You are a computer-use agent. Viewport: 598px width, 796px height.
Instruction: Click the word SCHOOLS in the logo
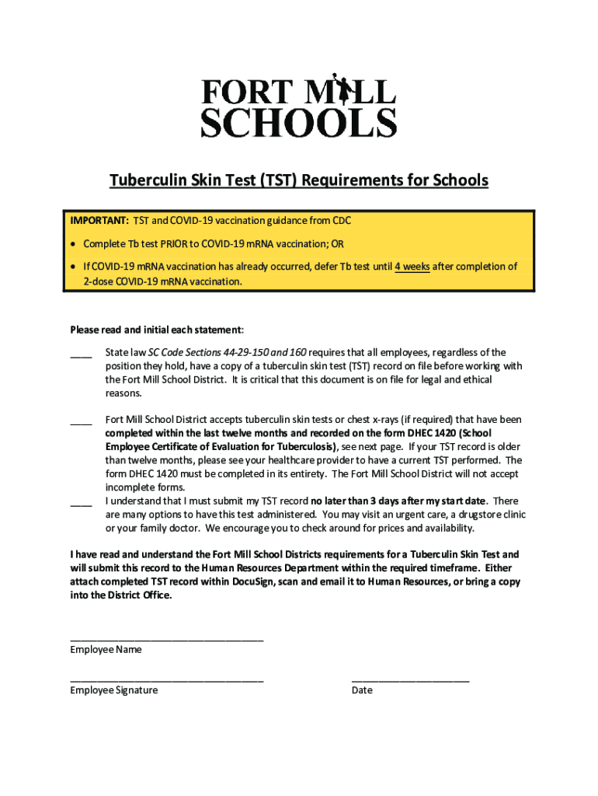pos(299,123)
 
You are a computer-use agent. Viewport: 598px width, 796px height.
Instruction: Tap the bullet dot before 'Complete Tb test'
pos(75,244)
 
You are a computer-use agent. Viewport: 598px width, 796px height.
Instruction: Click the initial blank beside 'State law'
pos(81,354)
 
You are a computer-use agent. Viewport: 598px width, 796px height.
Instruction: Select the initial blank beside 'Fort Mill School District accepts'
pos(81,421)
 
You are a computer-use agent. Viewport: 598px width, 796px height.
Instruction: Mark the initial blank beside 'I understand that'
pos(81,502)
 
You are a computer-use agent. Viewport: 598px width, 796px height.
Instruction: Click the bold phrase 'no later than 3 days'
pos(360,501)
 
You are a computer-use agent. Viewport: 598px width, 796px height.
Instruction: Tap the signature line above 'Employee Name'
pos(166,639)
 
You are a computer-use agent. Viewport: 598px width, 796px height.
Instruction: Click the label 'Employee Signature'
pos(113,690)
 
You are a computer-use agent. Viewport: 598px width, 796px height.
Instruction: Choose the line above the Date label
pos(410,680)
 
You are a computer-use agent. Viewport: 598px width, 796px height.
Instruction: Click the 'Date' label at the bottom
pos(362,690)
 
